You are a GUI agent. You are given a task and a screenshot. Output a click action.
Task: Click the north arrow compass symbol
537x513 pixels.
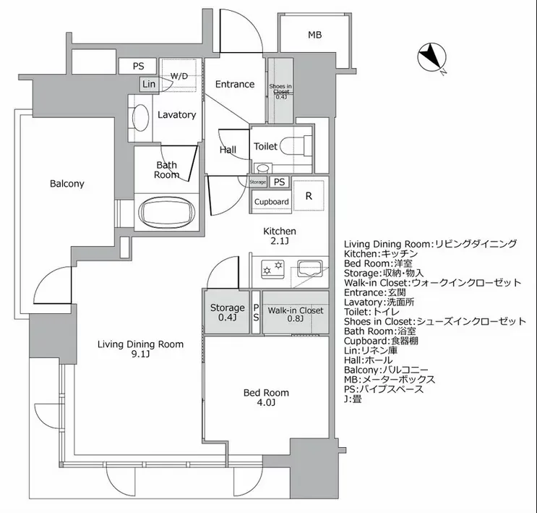431,56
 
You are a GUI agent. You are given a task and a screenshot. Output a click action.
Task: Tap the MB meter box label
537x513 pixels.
314,35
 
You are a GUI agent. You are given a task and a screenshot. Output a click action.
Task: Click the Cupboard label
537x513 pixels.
272,202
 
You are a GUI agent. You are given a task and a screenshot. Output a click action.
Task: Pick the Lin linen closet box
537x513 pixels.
149,84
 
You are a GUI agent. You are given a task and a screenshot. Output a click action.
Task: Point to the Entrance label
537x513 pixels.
235,84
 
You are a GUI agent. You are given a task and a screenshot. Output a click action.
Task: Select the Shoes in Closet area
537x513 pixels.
280,91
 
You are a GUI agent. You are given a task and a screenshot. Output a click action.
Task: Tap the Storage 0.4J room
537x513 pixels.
227,312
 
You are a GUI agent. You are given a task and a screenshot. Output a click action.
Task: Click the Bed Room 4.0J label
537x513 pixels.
266,397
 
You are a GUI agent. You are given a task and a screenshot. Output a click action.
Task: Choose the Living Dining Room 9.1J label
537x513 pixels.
140,349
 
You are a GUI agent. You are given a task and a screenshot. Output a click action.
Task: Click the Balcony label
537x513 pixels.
66,184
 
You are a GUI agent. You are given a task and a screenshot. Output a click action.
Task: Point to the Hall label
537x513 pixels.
228,150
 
